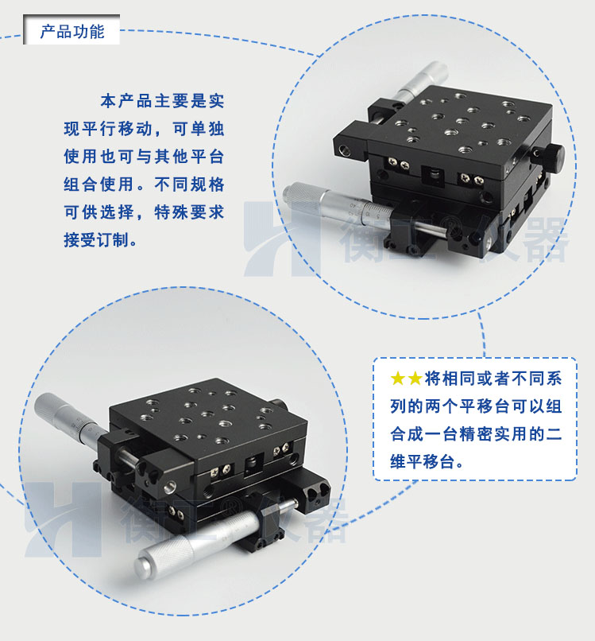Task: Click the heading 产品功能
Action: point(72,33)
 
